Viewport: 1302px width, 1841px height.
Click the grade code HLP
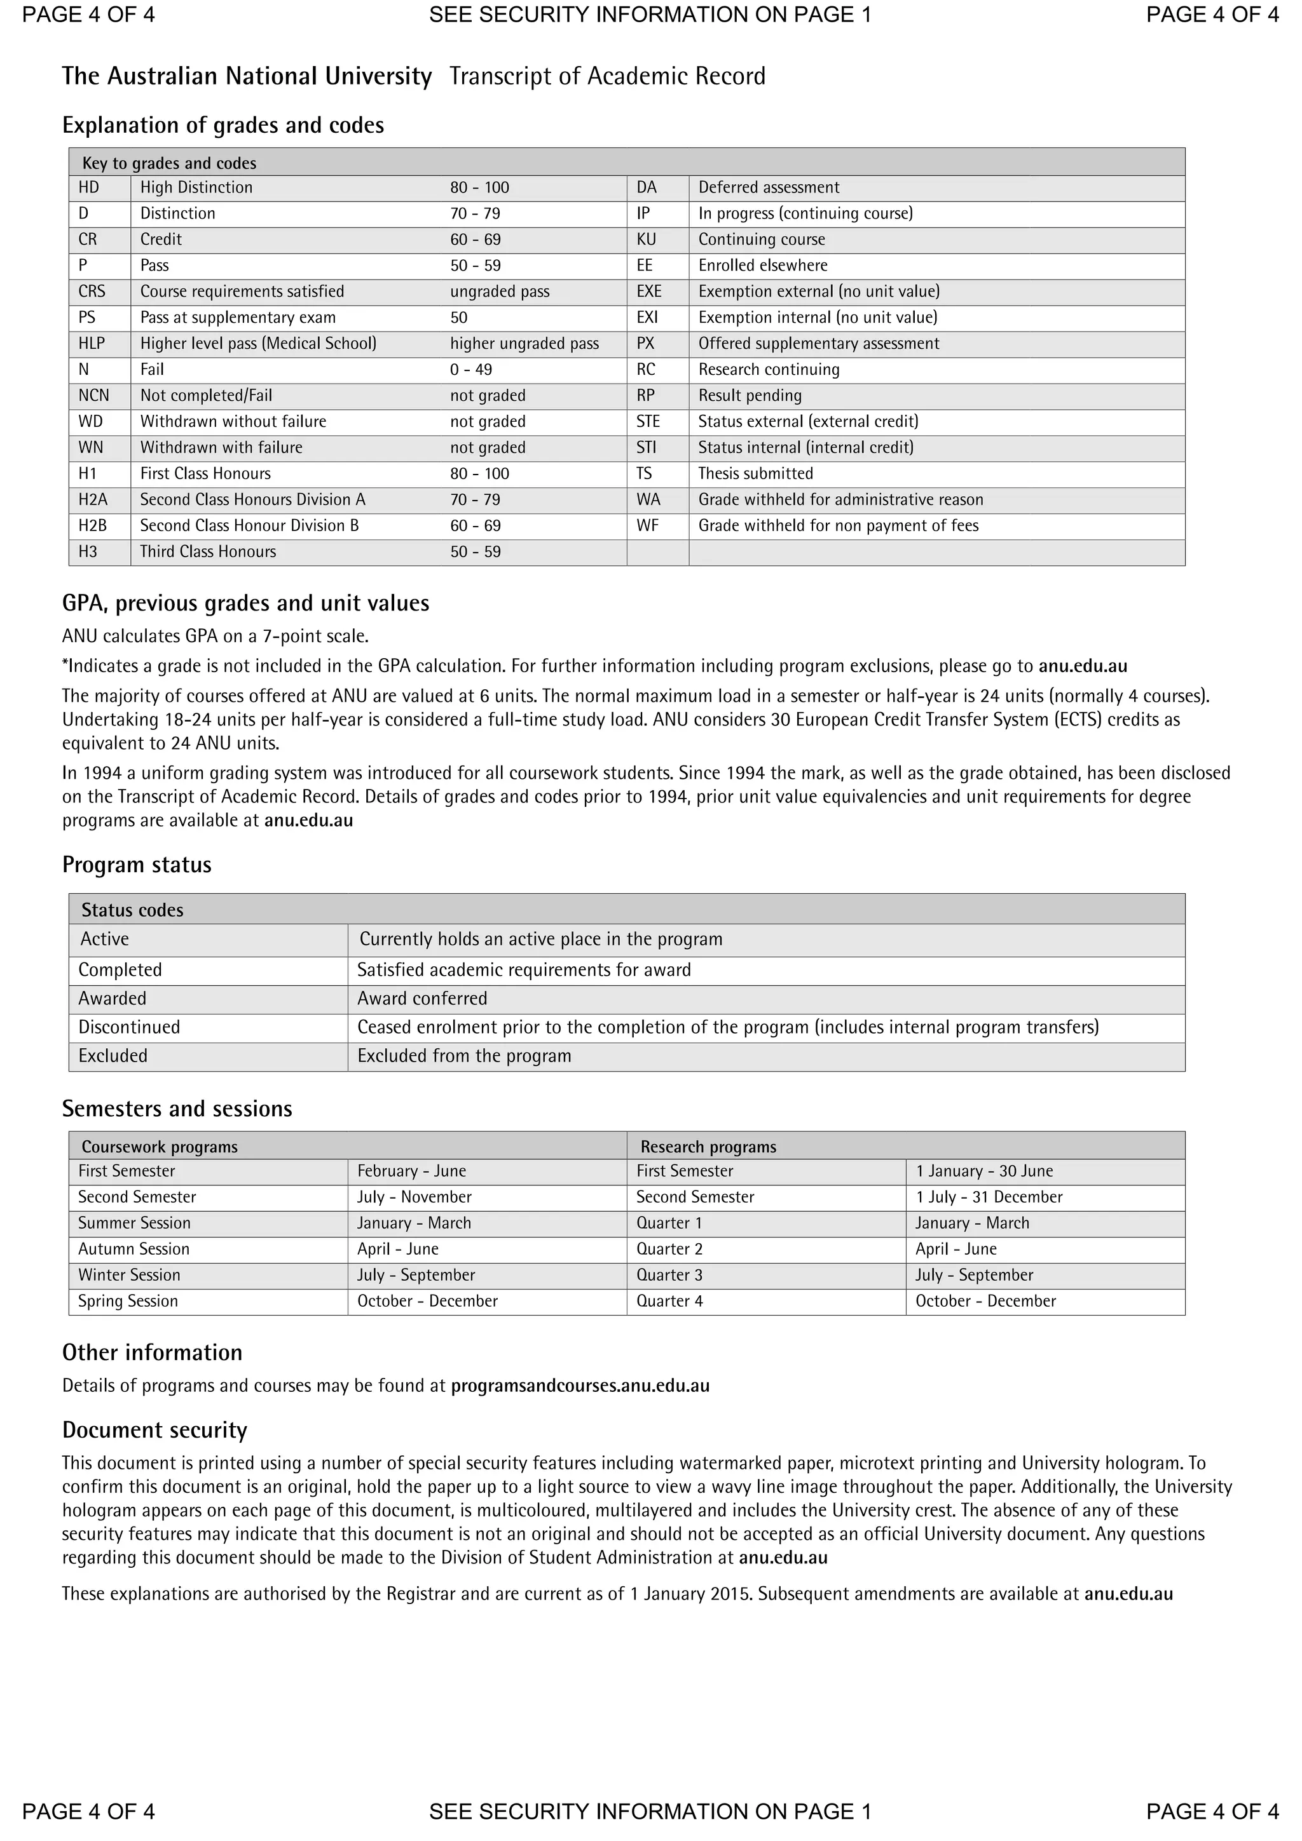[x=92, y=343]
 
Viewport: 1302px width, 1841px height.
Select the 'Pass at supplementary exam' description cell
[x=238, y=318]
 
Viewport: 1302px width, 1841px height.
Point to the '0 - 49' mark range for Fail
[x=471, y=370]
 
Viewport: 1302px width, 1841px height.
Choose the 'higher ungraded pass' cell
[x=524, y=343]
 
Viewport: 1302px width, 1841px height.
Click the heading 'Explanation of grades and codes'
[x=223, y=125]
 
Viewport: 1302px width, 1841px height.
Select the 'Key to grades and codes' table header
[x=169, y=163]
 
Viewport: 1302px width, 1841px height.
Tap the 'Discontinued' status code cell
[x=129, y=1027]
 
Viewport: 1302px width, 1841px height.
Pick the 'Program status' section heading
[x=137, y=865]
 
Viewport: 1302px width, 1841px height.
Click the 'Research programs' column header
[x=708, y=1147]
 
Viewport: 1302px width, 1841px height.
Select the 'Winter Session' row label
[x=129, y=1275]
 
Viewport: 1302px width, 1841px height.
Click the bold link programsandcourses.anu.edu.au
[x=580, y=1386]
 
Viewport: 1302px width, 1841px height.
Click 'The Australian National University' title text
[x=247, y=76]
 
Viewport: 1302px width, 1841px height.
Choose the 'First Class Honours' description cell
[x=205, y=473]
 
